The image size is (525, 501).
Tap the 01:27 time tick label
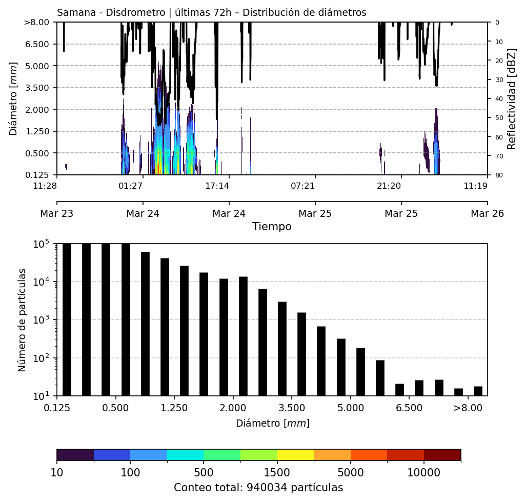(x=131, y=186)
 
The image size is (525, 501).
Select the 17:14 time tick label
(x=217, y=186)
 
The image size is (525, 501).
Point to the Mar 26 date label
(x=487, y=213)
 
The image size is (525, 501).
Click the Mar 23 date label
(x=57, y=213)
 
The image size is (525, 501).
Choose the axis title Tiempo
(x=272, y=227)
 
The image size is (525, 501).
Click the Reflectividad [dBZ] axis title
(x=512, y=98)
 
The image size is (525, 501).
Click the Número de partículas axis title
(x=22, y=319)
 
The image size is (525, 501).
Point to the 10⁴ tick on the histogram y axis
(x=42, y=282)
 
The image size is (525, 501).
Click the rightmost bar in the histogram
(x=478, y=391)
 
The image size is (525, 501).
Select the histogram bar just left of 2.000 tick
(x=224, y=337)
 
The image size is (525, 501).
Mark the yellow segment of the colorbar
(x=295, y=455)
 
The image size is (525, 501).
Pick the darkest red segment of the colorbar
(x=442, y=455)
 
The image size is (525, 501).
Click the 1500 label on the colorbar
(x=277, y=472)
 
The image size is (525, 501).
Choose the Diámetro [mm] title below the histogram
(x=272, y=424)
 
